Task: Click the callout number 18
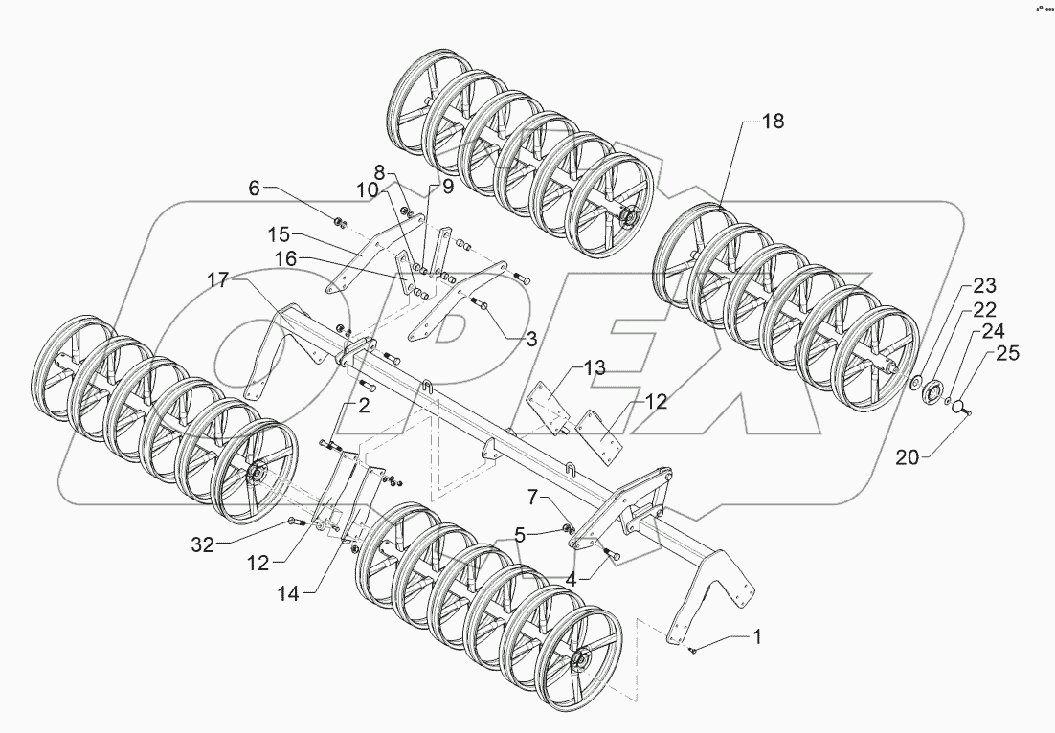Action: [772, 122]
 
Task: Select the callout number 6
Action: [254, 189]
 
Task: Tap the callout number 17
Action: [219, 279]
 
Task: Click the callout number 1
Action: [759, 635]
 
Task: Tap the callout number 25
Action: [1007, 353]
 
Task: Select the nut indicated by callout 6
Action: [340, 223]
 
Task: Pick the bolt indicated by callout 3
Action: [482, 305]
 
